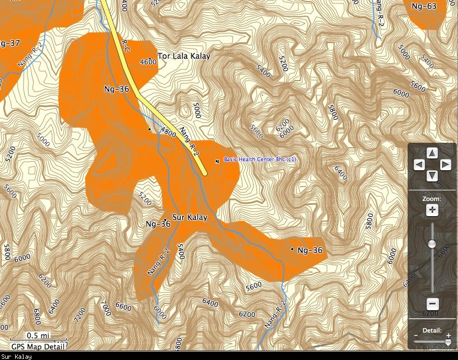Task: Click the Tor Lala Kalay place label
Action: click(184, 56)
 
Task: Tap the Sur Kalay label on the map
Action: click(190, 217)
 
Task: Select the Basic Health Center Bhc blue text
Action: click(260, 160)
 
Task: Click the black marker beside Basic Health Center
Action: click(217, 161)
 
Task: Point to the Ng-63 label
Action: click(423, 7)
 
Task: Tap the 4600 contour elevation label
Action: click(148, 62)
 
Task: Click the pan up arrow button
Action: click(432, 153)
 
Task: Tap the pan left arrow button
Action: click(419, 165)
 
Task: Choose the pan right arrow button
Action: click(445, 165)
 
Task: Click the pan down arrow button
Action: click(432, 176)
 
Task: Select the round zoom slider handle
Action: click(432, 244)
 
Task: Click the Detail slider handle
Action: click(448, 342)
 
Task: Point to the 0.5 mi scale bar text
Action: click(38, 335)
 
